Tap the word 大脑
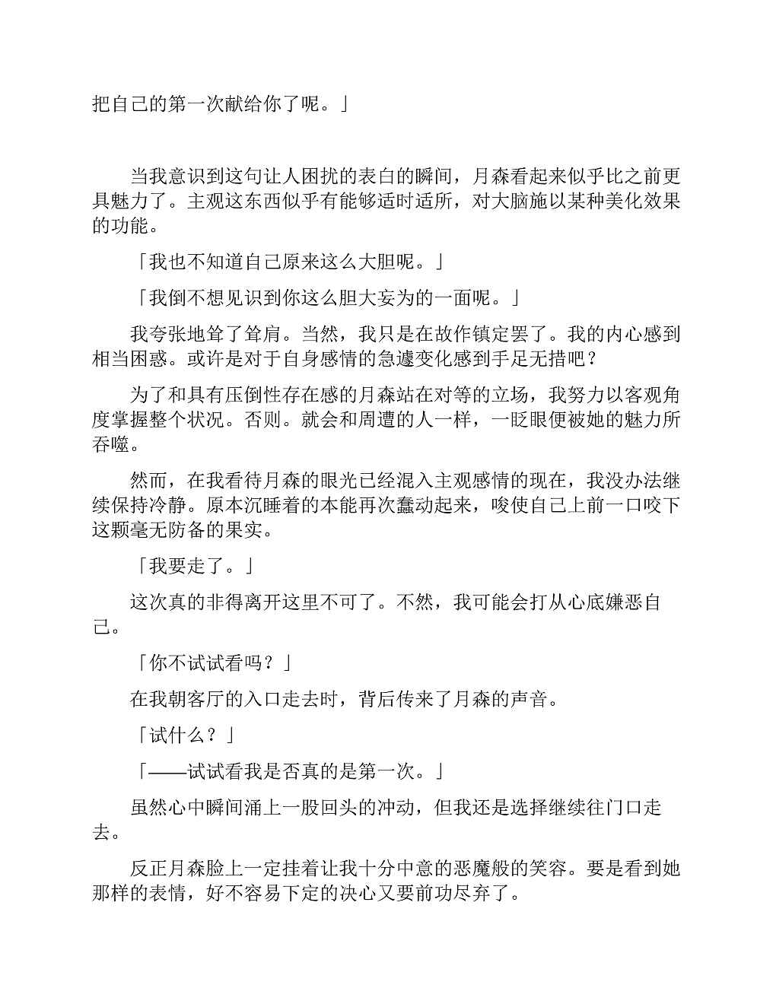[x=511, y=202]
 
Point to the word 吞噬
[x=111, y=443]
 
